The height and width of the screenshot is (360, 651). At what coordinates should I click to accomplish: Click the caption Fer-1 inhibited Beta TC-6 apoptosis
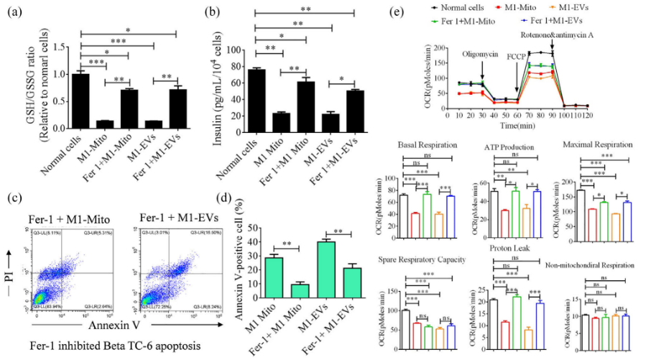(x=106, y=344)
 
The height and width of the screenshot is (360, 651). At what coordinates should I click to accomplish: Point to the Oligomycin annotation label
(x=480, y=52)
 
